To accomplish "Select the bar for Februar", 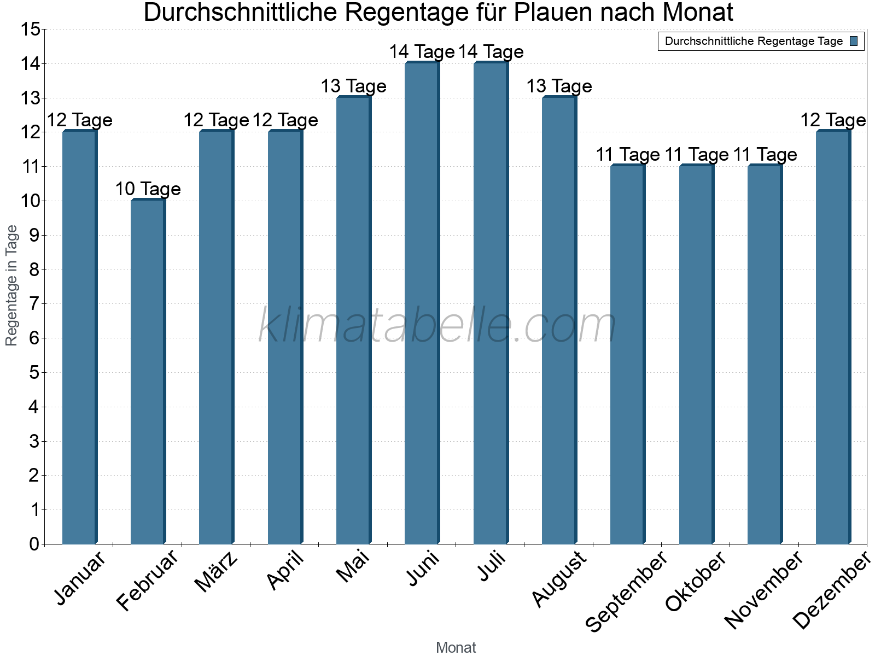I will click(x=148, y=372).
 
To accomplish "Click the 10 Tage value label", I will click(x=148, y=189).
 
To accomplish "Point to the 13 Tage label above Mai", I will click(x=353, y=86).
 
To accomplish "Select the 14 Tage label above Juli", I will click(x=491, y=52).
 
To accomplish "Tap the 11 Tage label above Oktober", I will click(x=697, y=155).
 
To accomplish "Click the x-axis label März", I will click(x=217, y=572).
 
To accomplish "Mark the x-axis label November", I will click(x=763, y=590).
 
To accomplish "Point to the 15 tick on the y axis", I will click(x=30, y=30).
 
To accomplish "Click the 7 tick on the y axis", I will click(x=34, y=304).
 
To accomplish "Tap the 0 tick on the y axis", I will click(x=34, y=544).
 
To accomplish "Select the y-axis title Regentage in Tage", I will click(x=11, y=285).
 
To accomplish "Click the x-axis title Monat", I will click(x=456, y=648).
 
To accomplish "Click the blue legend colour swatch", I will click(x=854, y=41).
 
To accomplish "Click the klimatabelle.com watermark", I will click(x=437, y=326).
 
